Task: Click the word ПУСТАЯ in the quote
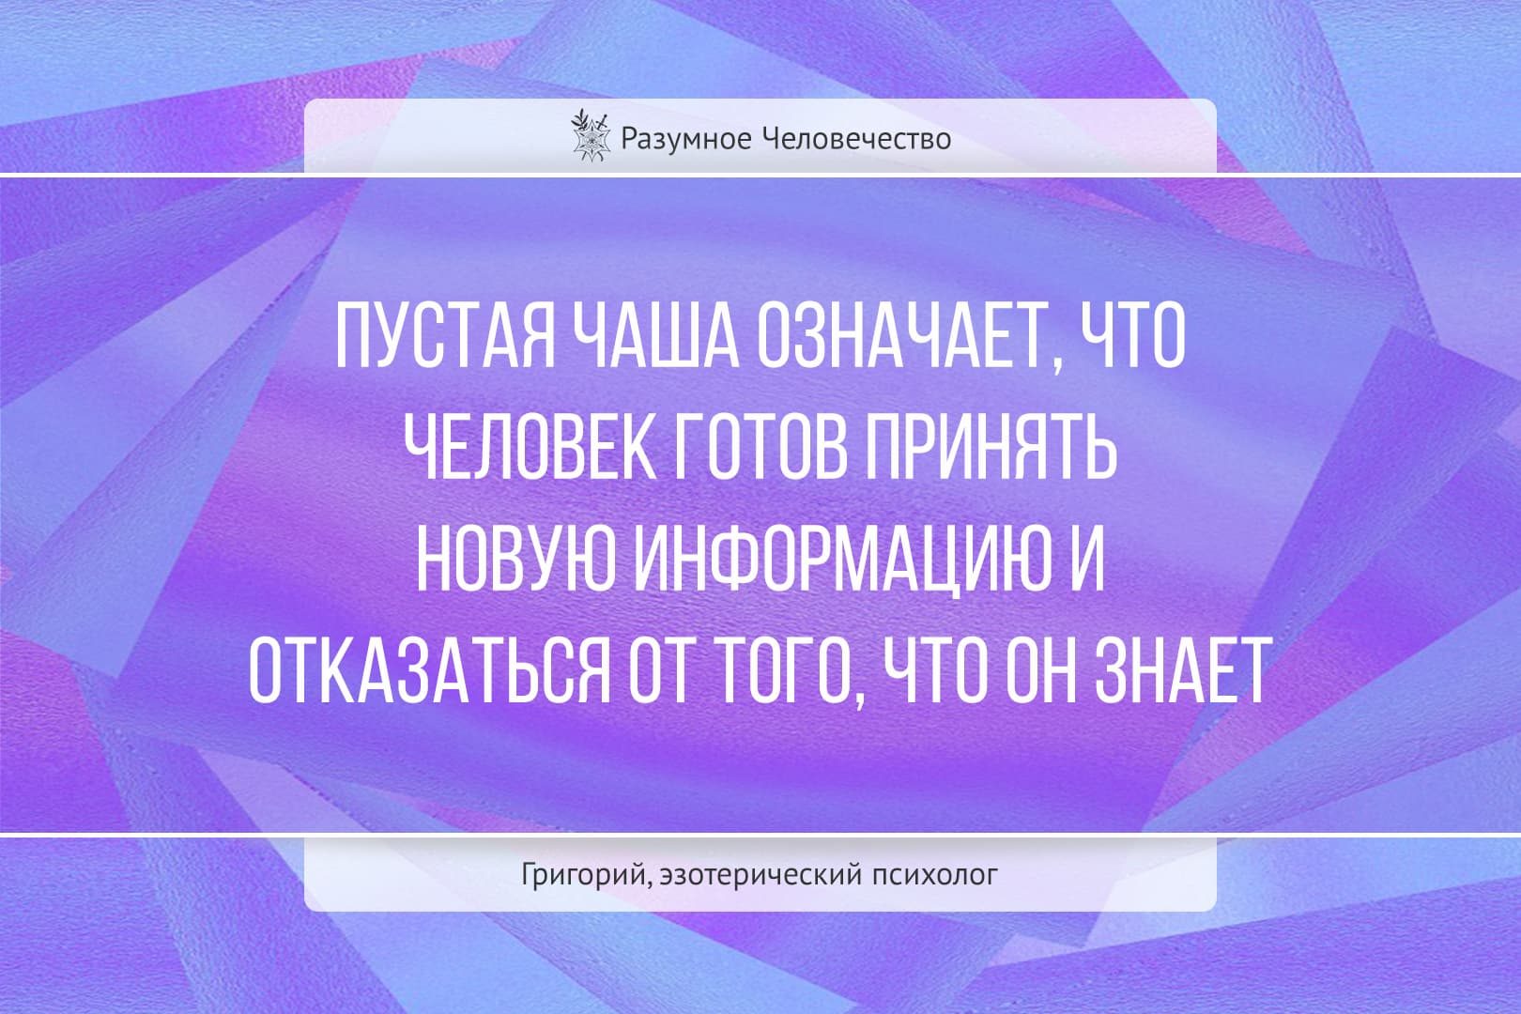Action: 446,336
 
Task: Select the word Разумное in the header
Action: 685,139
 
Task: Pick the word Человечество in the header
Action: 855,139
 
